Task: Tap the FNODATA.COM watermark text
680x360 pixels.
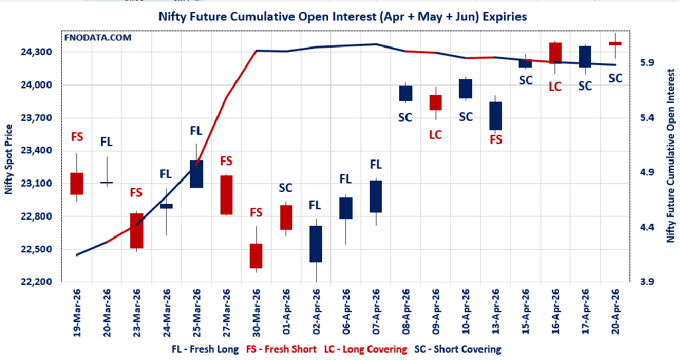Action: [x=98, y=37]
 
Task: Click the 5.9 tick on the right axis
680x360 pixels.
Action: [x=647, y=62]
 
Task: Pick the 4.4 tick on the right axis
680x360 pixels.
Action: [x=647, y=227]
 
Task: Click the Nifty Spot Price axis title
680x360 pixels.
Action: [x=9, y=159]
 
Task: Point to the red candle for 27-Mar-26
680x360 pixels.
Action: [x=226, y=195]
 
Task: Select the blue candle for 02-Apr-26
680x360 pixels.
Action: [x=315, y=244]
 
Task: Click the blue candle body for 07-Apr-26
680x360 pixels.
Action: [x=376, y=197]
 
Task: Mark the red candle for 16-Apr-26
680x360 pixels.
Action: [x=555, y=52]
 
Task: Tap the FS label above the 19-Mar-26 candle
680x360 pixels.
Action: [x=77, y=137]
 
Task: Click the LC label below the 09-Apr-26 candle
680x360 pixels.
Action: [x=436, y=135]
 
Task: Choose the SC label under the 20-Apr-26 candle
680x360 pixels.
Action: [x=616, y=78]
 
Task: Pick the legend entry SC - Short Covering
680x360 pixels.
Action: [x=458, y=349]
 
